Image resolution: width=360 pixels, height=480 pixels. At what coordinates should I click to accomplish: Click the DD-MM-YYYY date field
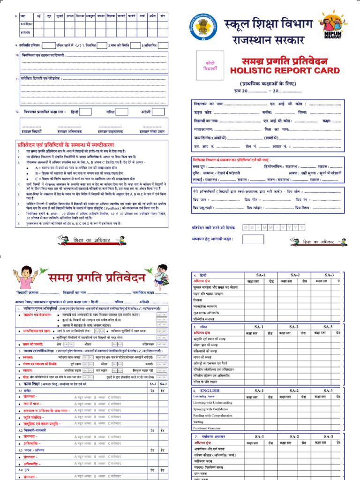(274, 227)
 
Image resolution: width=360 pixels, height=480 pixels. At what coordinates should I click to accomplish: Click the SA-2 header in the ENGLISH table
(294, 390)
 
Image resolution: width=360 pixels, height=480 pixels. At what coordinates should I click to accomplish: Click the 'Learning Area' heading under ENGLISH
(204, 396)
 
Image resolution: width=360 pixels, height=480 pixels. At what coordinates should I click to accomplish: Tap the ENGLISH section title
(209, 390)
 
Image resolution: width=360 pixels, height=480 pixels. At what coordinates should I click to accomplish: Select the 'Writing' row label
(198, 421)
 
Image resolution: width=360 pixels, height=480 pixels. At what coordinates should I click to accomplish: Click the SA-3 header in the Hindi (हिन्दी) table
(329, 275)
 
